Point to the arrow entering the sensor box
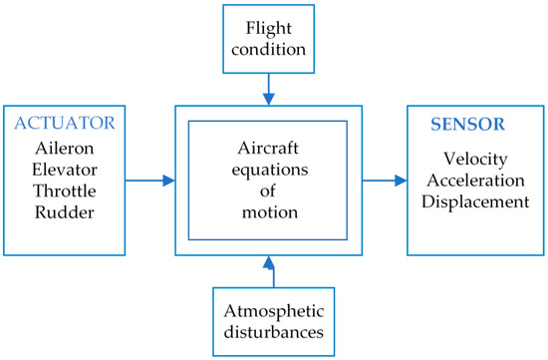point(384,180)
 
